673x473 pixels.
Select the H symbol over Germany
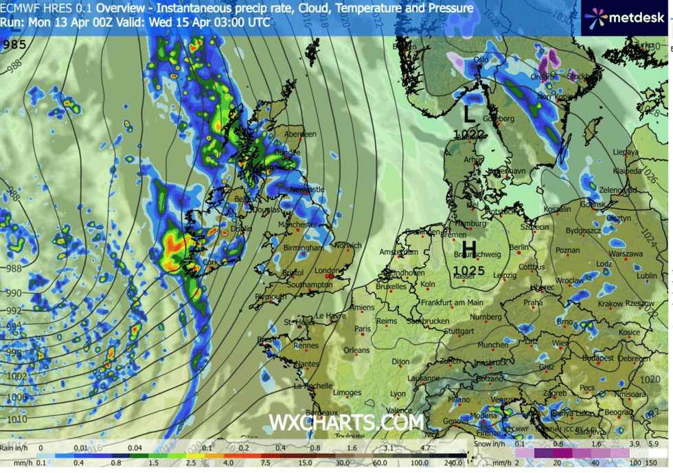[x=470, y=248]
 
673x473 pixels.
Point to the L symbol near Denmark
[x=469, y=112]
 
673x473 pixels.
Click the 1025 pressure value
[x=470, y=270]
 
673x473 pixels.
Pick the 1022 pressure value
[x=469, y=135]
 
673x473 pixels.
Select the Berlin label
[x=520, y=248]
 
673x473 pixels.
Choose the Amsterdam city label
[x=400, y=253]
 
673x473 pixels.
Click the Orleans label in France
[x=356, y=350]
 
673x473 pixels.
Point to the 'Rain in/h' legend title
[x=15, y=447]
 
